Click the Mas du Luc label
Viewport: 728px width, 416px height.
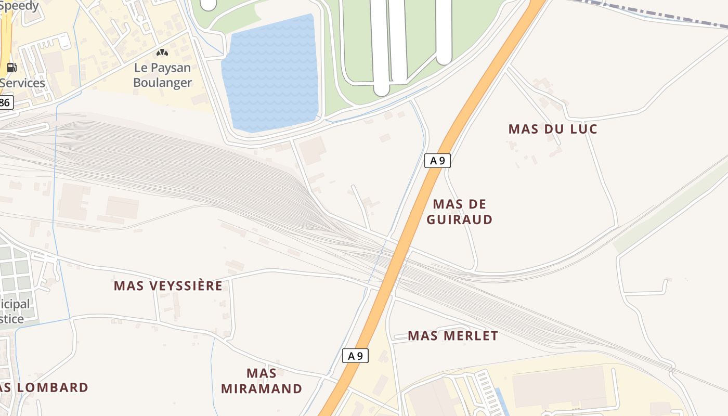pos(553,129)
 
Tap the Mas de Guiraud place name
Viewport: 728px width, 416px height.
pos(460,212)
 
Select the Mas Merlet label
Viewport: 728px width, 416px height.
pos(453,336)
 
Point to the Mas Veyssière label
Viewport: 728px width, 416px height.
pos(168,286)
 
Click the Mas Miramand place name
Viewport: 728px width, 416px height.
pos(262,381)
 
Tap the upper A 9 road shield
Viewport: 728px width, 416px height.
pos(437,161)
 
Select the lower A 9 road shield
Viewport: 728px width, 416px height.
pos(355,356)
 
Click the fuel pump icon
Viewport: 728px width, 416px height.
pos(11,68)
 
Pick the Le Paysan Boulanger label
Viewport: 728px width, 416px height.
pos(162,75)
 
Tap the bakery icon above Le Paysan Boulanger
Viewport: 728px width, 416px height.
pos(162,53)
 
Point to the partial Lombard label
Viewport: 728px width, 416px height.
pos(44,388)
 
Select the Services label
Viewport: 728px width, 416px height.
pos(22,83)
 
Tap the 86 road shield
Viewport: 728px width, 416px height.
pos(5,102)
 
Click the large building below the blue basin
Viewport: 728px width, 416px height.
pos(312,150)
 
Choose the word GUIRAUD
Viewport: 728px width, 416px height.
pos(460,219)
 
